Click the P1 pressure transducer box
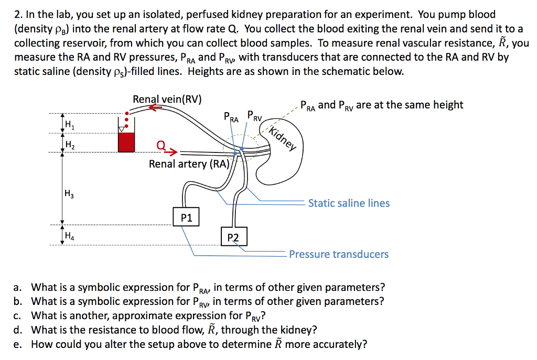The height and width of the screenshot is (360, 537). [x=186, y=217]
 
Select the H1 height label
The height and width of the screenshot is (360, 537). [x=69, y=124]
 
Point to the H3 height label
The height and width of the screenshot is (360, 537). [x=69, y=193]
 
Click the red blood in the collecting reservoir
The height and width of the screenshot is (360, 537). [x=126, y=142]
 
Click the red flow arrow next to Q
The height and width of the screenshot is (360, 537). [x=173, y=151]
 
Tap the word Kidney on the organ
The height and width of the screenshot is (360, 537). [x=283, y=136]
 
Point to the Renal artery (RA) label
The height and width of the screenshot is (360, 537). [x=189, y=164]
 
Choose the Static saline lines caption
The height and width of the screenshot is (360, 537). [x=349, y=203]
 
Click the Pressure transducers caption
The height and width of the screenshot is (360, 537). [x=339, y=255]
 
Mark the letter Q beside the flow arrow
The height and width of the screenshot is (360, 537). [x=161, y=145]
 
